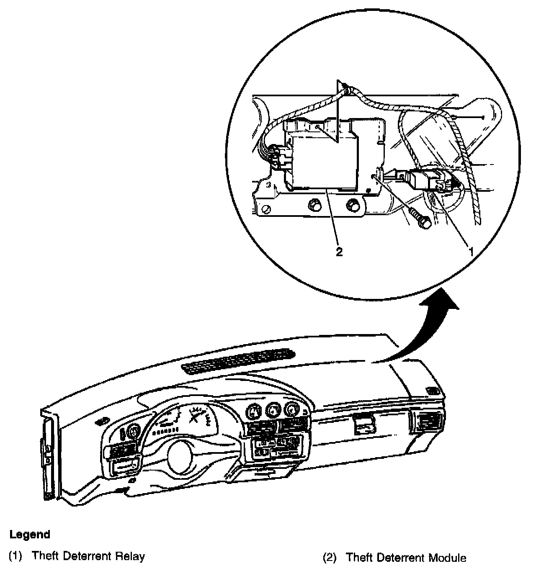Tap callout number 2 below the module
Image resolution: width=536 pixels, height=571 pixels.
tap(339, 252)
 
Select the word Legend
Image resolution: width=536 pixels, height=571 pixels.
tap(30, 535)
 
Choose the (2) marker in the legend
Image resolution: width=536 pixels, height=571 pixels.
tap(330, 558)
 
